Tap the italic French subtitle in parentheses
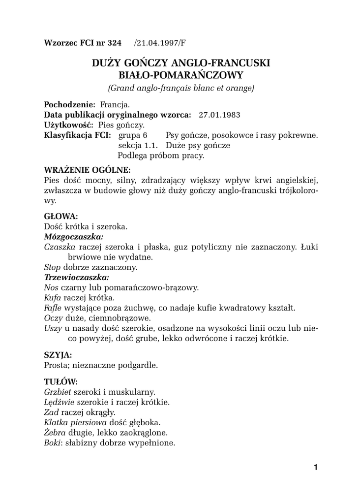(180, 89)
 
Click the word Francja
(115, 105)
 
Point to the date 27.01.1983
(219, 115)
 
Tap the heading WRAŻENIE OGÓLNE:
(87, 170)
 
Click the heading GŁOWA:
(61, 216)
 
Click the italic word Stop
(52, 267)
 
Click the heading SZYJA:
(58, 354)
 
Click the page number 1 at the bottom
(315, 467)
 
